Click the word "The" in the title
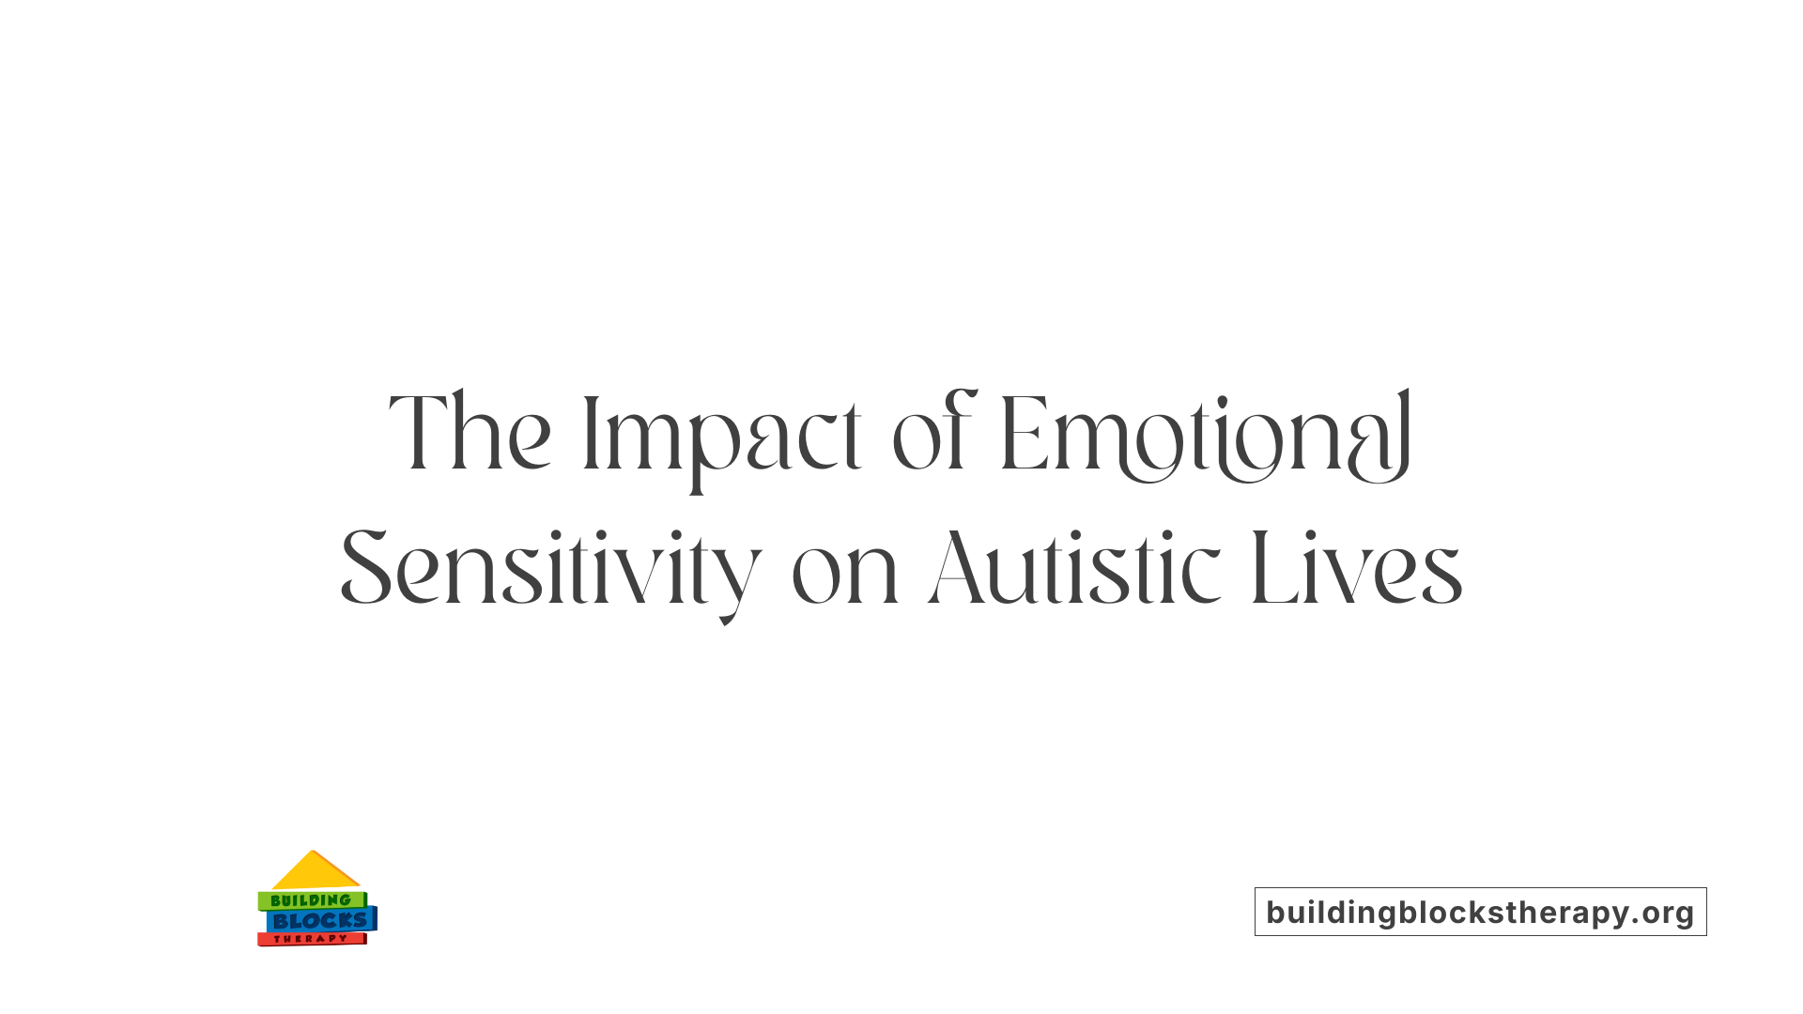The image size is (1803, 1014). (x=470, y=433)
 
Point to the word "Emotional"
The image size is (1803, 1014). (x=1206, y=435)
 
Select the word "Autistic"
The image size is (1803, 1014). (x=1074, y=569)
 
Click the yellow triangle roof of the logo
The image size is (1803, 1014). (x=315, y=872)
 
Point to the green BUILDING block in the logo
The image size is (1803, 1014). (x=311, y=900)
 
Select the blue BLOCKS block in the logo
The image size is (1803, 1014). (x=320, y=921)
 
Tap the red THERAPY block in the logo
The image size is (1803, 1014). (x=311, y=939)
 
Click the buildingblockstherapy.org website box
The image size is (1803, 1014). (x=1480, y=912)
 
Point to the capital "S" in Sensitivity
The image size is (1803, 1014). (x=365, y=568)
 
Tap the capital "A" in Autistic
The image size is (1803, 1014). (x=957, y=569)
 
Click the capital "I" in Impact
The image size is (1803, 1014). (x=590, y=433)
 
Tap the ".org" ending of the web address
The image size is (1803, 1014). (x=1663, y=913)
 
